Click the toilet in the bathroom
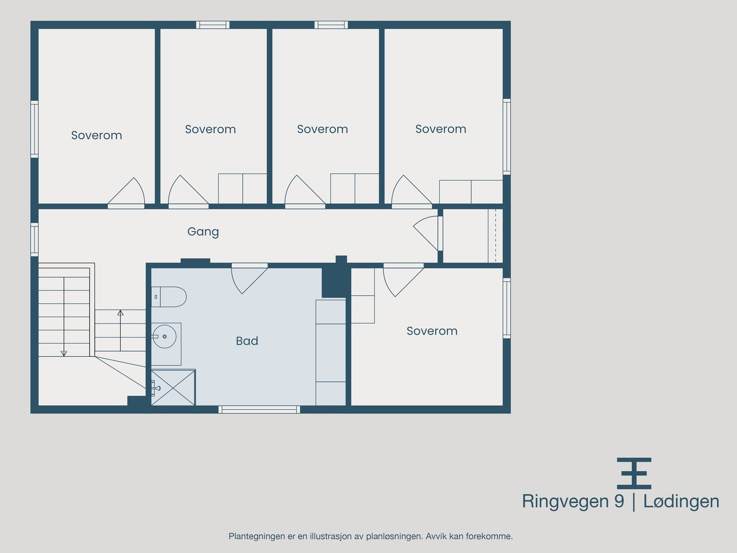[x=170, y=297]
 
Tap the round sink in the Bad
[x=164, y=337]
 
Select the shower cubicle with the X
[x=173, y=388]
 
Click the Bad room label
[x=247, y=341]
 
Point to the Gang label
[x=203, y=231]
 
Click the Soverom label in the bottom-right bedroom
[x=432, y=331]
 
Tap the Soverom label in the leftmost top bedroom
[x=96, y=135]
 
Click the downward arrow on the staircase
[x=64, y=353]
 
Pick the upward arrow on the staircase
[x=120, y=313]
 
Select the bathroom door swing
[x=249, y=278]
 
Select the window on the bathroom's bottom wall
[x=259, y=409]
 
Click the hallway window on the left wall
[x=35, y=239]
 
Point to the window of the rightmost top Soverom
[x=507, y=136]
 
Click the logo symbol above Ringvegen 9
[x=634, y=473]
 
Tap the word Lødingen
[x=681, y=501]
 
